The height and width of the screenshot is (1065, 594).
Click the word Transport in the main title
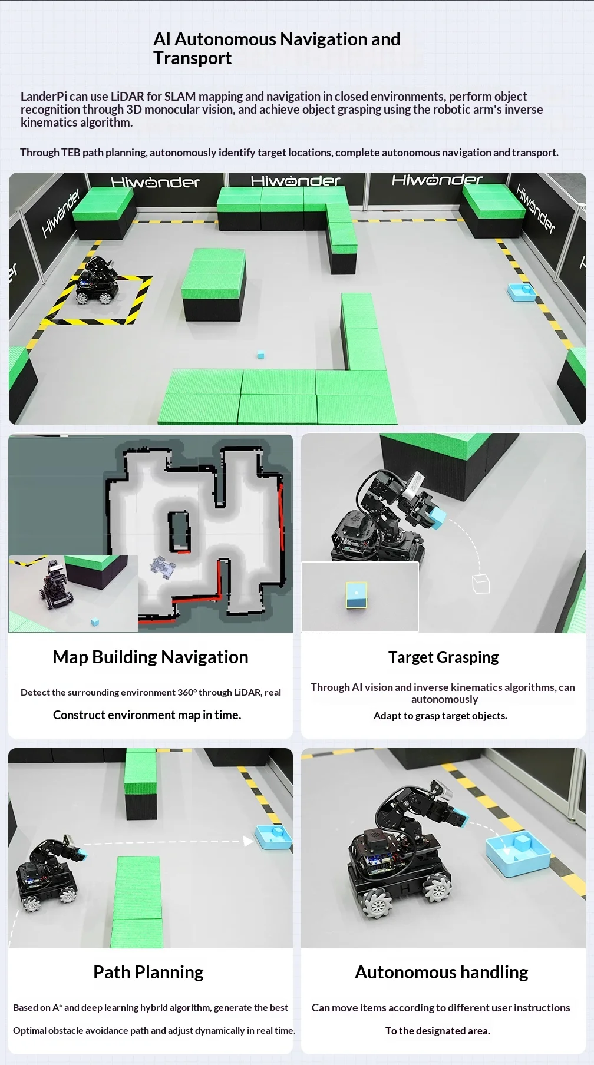(193, 58)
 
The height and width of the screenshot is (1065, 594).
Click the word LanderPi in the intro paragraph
(44, 97)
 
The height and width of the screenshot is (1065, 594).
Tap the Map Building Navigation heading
(150, 657)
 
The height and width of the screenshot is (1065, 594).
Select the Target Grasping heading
(444, 657)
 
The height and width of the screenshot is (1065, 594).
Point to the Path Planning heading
(148, 972)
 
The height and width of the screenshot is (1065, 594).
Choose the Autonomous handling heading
(441, 972)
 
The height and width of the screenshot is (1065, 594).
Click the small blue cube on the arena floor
(260, 355)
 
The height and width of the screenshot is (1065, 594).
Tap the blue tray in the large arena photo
(521, 293)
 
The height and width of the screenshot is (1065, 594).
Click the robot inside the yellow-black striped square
(97, 281)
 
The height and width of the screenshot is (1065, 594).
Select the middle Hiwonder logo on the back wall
(296, 181)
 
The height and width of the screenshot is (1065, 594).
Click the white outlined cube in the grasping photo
(481, 583)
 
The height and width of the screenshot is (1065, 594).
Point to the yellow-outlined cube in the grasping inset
(357, 595)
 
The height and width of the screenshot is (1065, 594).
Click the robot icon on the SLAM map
(163, 567)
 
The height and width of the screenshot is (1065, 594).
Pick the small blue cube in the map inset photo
(95, 622)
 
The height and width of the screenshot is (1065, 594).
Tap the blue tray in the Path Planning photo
(273, 838)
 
